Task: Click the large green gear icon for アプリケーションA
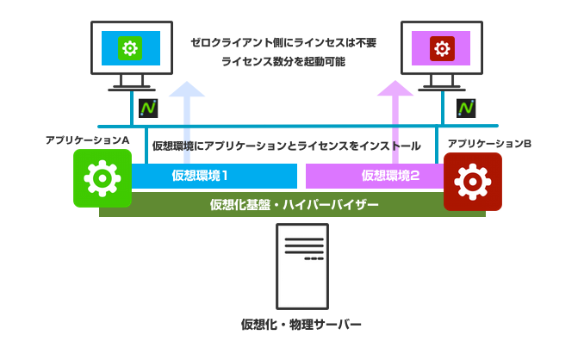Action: tap(103, 178)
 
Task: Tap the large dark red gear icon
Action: tap(472, 182)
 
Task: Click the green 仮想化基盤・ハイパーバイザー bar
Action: tap(293, 205)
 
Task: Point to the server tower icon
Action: tap(301, 267)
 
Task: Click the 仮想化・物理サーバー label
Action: tap(301, 325)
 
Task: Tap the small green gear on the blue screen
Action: tap(131, 47)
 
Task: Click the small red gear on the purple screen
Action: tap(441, 47)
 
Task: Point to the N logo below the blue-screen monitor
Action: tap(147, 109)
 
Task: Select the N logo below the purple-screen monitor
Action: tap(465, 108)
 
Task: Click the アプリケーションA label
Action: tap(87, 139)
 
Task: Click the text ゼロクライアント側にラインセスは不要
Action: tap(283, 41)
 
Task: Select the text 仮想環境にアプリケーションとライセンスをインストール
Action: tap(287, 146)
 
